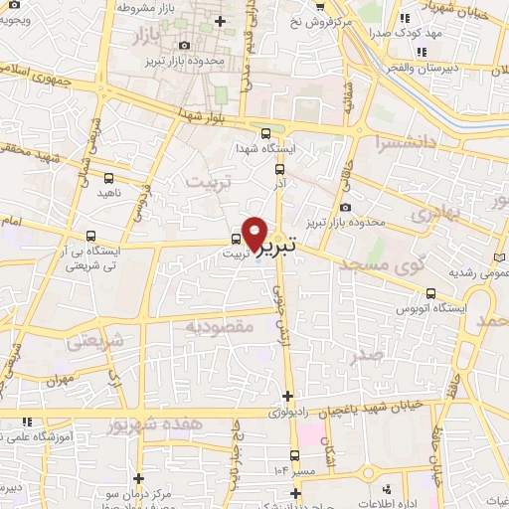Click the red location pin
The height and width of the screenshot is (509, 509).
point(255,233)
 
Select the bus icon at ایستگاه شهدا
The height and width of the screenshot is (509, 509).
point(264,133)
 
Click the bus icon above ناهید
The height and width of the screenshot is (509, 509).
point(109,177)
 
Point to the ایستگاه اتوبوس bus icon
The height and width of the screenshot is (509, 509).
point(431,293)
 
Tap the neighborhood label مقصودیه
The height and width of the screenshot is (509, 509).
point(220,326)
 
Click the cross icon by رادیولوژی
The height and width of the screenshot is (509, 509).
point(288,397)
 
